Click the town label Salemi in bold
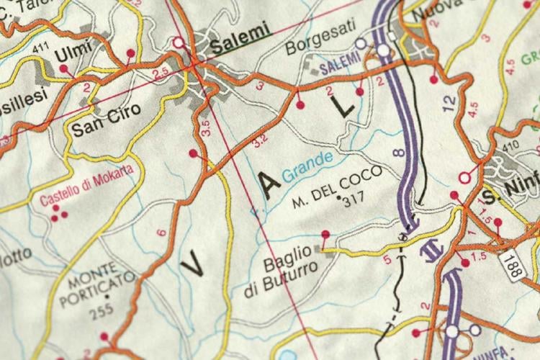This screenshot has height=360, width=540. coord(240,30)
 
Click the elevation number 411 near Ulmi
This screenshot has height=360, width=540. coord(42,49)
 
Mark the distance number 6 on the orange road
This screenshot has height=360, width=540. coord(161,232)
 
